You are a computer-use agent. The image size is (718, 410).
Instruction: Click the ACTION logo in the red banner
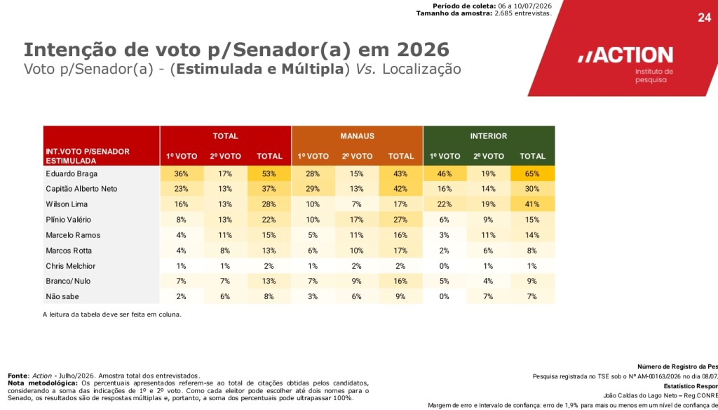click(625, 55)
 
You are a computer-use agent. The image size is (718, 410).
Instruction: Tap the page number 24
click(704, 18)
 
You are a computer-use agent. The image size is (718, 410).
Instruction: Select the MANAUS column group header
click(357, 136)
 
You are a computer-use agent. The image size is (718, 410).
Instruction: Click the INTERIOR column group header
click(489, 136)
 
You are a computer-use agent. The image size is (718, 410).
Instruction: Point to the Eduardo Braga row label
click(72, 174)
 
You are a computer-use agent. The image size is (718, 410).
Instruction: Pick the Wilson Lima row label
click(67, 204)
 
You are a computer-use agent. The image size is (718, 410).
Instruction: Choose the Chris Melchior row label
click(70, 266)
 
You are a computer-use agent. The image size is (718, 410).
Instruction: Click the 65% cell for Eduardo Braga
click(533, 174)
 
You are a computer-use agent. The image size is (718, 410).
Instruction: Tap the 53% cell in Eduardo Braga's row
click(269, 174)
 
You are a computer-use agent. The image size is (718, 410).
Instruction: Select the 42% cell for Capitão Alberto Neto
click(400, 189)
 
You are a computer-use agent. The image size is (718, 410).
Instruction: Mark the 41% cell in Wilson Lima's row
click(533, 204)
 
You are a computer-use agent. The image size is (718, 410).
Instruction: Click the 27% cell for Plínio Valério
click(400, 220)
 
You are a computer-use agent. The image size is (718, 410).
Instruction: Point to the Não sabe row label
click(62, 297)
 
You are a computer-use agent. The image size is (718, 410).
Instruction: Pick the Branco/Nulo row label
click(68, 281)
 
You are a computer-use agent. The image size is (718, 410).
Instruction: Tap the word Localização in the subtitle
click(421, 70)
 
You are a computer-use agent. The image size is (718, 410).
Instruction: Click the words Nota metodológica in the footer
click(42, 383)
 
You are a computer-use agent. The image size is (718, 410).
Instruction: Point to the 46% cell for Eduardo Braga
click(445, 174)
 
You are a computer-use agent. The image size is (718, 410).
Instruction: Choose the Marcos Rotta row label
click(69, 251)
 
